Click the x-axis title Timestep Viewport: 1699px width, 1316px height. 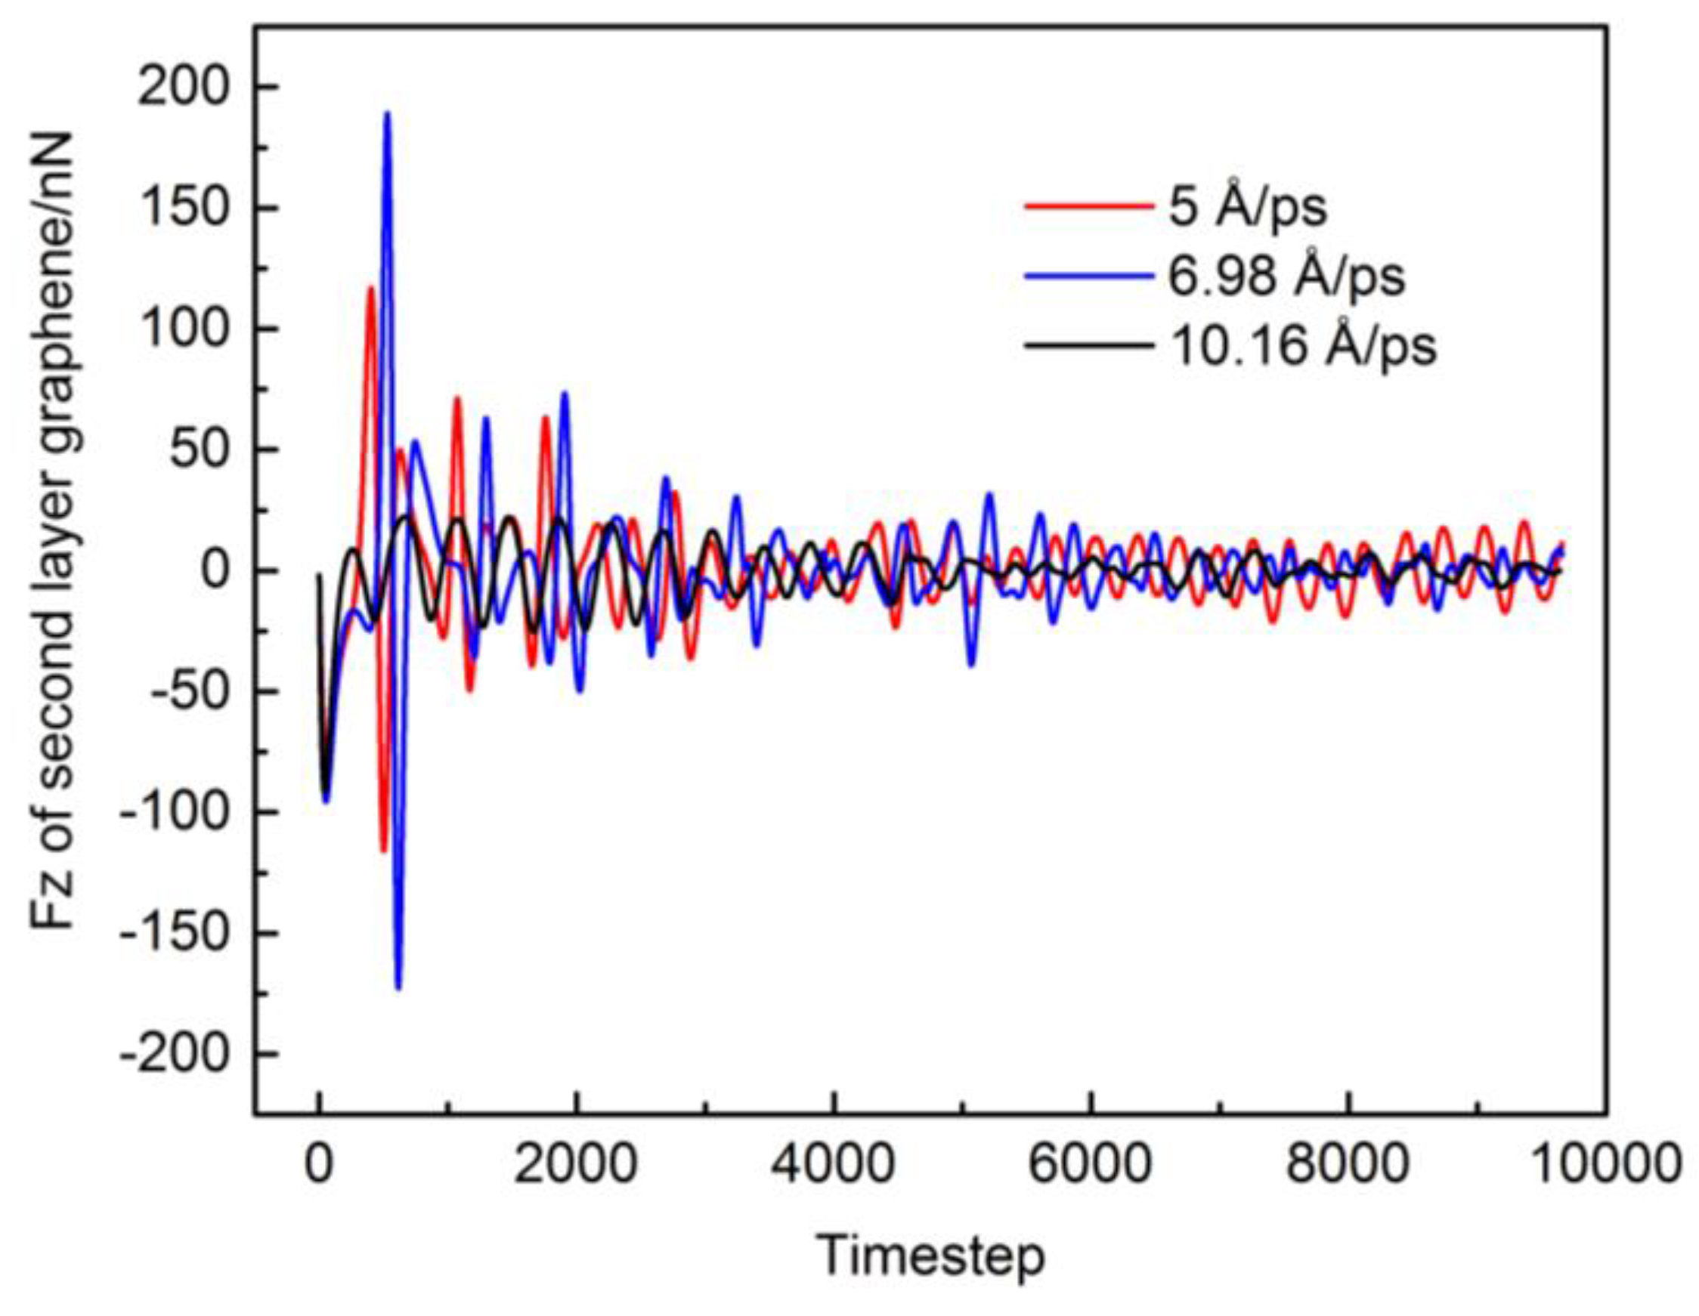coord(933,1256)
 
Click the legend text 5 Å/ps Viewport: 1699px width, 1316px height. coord(1248,207)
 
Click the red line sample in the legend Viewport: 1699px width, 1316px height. coord(1088,207)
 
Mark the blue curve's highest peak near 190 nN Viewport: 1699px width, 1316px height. coord(387,113)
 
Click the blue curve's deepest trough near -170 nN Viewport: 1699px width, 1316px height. coord(398,988)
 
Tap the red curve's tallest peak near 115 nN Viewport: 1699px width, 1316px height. coord(371,289)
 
